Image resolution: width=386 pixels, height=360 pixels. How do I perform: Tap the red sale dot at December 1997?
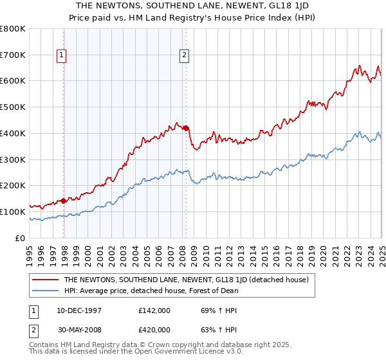pos(64,201)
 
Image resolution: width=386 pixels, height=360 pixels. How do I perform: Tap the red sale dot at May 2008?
pos(186,128)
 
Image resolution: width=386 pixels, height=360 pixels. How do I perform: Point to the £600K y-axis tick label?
pos(13,81)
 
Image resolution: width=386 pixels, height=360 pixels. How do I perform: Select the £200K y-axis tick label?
pos(13,186)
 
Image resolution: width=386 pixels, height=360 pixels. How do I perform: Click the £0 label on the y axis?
pos(21,238)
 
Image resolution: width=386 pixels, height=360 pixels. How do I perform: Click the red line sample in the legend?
pos(46,280)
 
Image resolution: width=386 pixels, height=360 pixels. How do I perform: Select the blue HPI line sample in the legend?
pos(46,291)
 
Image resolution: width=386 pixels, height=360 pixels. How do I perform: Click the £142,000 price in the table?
pos(154,310)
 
